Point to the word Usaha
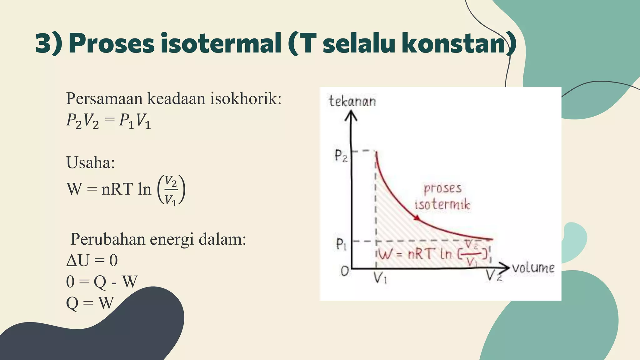click(x=90, y=162)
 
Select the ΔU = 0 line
click(x=92, y=260)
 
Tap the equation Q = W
click(x=90, y=303)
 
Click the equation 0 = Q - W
click(x=102, y=281)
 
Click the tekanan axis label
click(x=352, y=101)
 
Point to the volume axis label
click(x=533, y=268)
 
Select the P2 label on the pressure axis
click(x=341, y=155)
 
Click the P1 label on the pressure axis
click(x=341, y=244)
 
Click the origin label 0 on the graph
click(x=344, y=271)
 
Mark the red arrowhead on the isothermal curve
click(x=417, y=218)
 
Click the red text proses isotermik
click(x=442, y=196)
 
